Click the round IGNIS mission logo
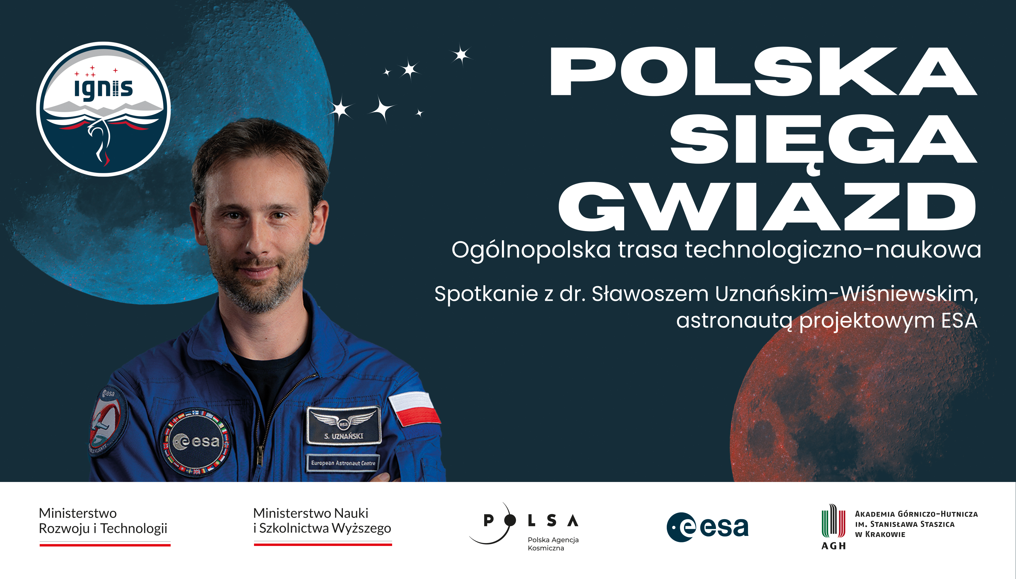coord(103,109)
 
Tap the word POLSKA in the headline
coord(764,72)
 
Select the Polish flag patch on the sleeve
coord(414,408)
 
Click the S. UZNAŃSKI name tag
coord(343,425)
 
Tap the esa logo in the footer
coord(707,527)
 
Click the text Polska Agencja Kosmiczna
coord(553,544)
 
